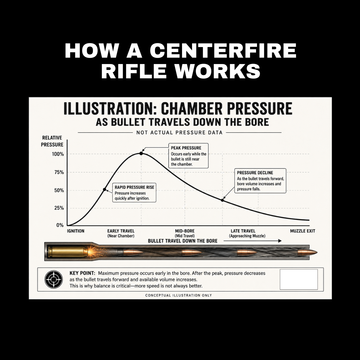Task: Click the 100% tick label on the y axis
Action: point(58,154)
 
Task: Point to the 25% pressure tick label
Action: point(59,208)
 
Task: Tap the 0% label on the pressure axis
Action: point(60,225)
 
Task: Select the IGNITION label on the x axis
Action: point(76,231)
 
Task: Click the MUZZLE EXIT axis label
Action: point(303,231)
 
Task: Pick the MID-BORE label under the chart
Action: point(185,231)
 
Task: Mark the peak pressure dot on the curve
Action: point(141,153)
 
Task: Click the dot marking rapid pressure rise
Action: point(105,189)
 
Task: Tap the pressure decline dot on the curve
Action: point(222,200)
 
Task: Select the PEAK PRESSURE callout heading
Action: point(186,148)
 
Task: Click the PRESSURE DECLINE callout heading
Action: point(255,173)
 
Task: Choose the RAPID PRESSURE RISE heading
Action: point(134,187)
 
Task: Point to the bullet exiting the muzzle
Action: point(307,253)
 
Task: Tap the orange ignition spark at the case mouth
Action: point(92,252)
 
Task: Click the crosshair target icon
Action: point(53,279)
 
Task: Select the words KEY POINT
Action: point(82,273)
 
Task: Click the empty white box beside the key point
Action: point(299,279)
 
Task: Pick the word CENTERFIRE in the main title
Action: point(223,51)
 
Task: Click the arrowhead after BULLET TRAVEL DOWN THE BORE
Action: point(280,241)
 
